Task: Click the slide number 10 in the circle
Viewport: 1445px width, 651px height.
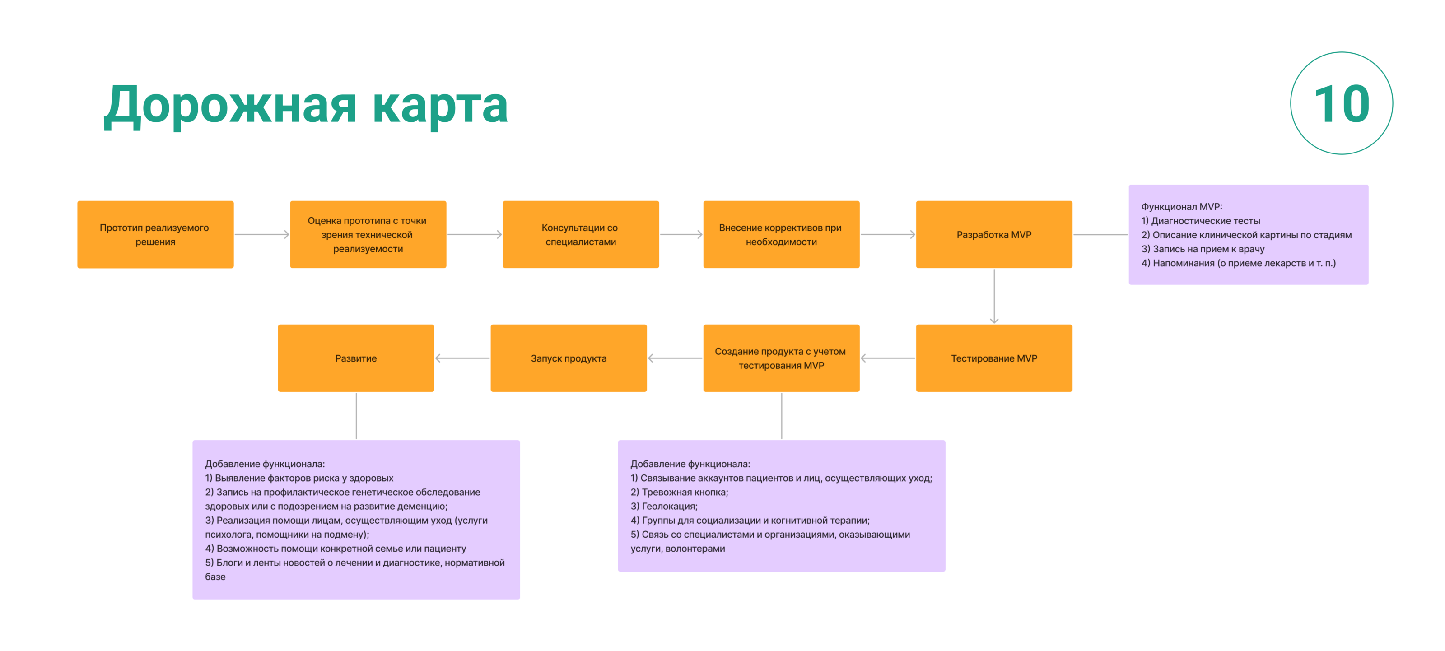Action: [x=1341, y=104]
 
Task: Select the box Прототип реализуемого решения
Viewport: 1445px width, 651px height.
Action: [x=155, y=234]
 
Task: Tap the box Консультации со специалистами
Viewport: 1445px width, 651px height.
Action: [x=581, y=234]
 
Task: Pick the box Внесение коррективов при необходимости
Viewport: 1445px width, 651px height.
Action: [x=781, y=234]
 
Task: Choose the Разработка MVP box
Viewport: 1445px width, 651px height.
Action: [x=993, y=234]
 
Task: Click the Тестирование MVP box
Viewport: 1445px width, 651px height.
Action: [x=993, y=358]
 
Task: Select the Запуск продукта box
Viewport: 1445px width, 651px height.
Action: [x=568, y=358]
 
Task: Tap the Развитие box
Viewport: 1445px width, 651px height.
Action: [x=356, y=358]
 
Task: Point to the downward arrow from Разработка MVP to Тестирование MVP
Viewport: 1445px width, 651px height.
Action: [x=994, y=296]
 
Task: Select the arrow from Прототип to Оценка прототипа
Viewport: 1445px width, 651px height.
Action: [x=262, y=234]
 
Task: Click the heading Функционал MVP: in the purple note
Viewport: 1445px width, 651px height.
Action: [x=1181, y=206]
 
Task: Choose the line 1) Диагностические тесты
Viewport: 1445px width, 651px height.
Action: [x=1200, y=221]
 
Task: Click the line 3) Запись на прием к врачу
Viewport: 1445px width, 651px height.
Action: [x=1203, y=249]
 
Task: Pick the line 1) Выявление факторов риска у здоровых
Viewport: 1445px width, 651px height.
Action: [x=299, y=478]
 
